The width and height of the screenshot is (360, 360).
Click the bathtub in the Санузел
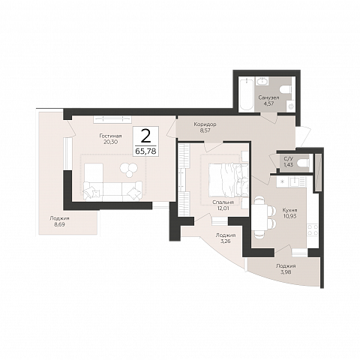[247, 94]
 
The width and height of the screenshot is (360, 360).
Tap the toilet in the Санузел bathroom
[286, 89]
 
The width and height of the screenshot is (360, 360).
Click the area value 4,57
[269, 103]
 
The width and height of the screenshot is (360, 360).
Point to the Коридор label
[205, 124]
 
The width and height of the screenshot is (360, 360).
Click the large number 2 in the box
[145, 136]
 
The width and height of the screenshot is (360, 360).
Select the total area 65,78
[145, 151]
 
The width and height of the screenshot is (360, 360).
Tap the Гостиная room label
[110, 136]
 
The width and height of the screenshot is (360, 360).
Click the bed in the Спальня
[228, 180]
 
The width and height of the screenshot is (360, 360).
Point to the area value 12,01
[223, 208]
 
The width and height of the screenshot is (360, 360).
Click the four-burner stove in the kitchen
[313, 230]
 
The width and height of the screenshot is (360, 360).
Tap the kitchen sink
[297, 181]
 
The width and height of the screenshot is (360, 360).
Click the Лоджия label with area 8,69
[59, 218]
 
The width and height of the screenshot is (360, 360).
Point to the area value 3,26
[225, 241]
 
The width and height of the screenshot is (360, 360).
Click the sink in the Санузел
[262, 81]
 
